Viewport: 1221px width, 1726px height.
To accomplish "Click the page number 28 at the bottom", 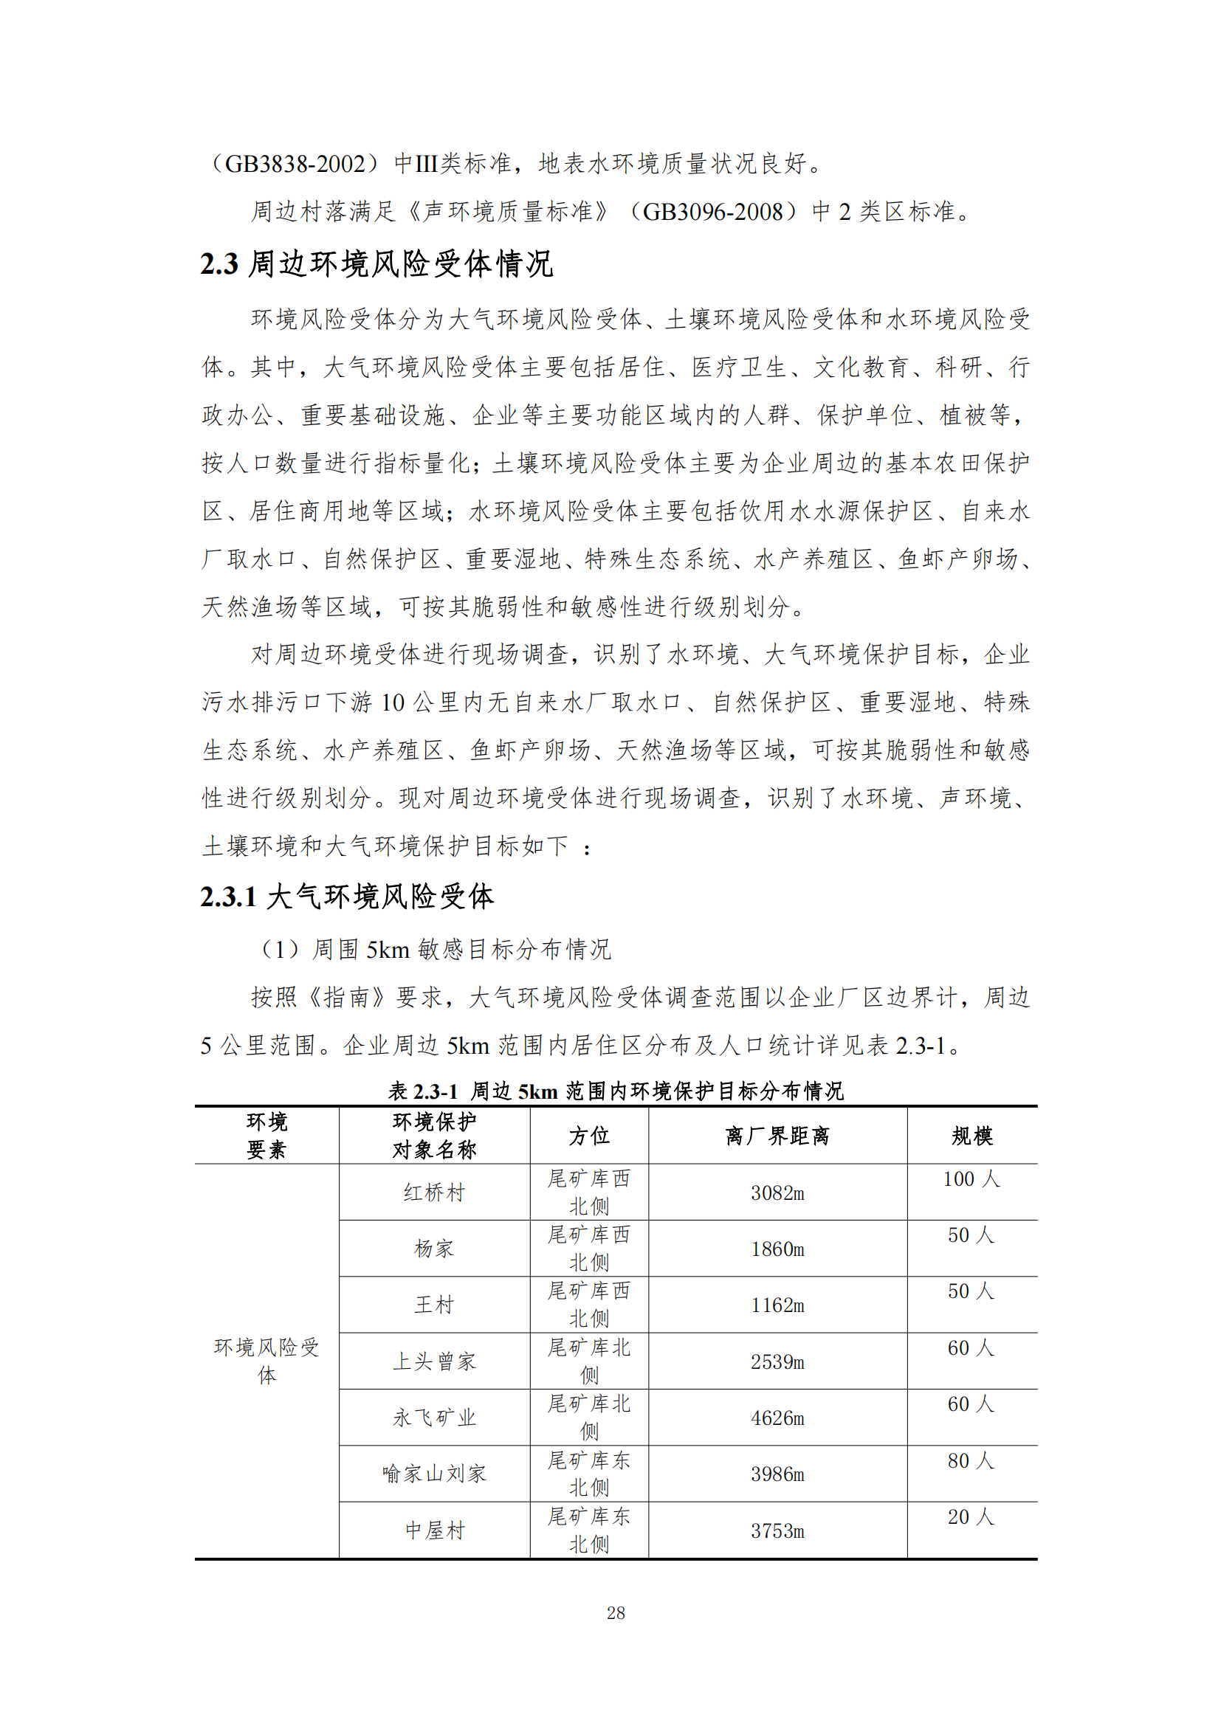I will tap(616, 1612).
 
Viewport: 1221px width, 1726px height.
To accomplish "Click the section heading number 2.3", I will tap(219, 264).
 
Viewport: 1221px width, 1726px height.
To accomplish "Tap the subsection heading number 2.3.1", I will tap(229, 897).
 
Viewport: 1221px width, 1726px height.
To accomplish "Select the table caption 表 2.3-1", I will tap(423, 1091).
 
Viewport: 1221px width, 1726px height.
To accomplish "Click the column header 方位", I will tap(588, 1136).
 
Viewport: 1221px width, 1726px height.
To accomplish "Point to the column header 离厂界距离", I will tap(777, 1136).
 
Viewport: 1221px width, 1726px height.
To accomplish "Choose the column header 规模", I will tap(971, 1136).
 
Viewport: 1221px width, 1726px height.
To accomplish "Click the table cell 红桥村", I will tap(435, 1193).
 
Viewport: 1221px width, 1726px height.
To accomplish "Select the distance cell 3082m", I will tap(777, 1193).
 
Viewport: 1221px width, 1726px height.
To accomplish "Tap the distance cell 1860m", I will tap(777, 1249).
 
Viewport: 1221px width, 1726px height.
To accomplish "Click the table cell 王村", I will tap(435, 1305).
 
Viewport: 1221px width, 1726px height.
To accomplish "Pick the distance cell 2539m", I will tap(777, 1361).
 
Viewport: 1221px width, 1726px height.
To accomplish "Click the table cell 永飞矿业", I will tap(435, 1418).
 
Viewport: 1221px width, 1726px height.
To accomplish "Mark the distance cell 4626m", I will tap(777, 1418).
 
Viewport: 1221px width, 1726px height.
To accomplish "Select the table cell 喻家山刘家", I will tap(435, 1474).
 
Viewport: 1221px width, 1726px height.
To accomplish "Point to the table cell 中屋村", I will tap(435, 1530).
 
